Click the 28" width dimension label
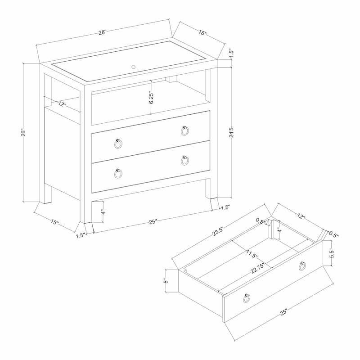[103, 32]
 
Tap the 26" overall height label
[26, 133]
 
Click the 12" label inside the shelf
[62, 104]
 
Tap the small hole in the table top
[133, 67]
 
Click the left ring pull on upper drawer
[118, 144]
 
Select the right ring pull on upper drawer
[185, 130]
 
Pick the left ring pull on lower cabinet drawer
[118, 173]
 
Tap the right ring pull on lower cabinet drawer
[185, 160]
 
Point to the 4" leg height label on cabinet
[103, 211]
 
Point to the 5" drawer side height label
[166, 281]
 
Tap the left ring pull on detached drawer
[247, 298]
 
